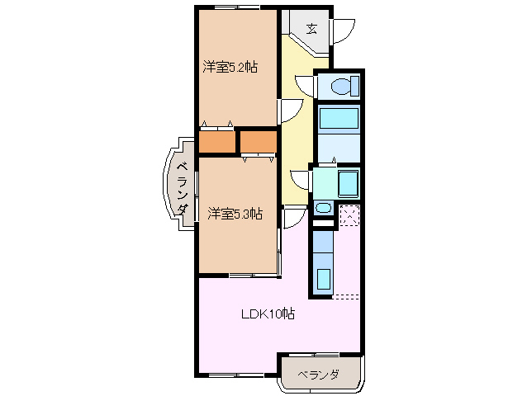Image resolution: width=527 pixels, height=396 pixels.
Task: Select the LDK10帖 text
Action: pos(268,314)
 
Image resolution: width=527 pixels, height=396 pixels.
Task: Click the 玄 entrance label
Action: pos(311,28)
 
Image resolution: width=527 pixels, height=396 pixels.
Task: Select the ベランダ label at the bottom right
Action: pos(319,375)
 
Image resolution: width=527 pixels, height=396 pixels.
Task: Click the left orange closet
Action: pos(216,142)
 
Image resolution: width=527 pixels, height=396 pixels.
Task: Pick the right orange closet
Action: pos(259,142)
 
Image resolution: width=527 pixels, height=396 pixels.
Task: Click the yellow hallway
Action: pos(297,124)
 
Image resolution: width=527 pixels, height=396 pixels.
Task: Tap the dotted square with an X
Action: pos(349,214)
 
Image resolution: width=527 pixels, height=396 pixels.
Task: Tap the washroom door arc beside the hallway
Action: pos(299,181)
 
